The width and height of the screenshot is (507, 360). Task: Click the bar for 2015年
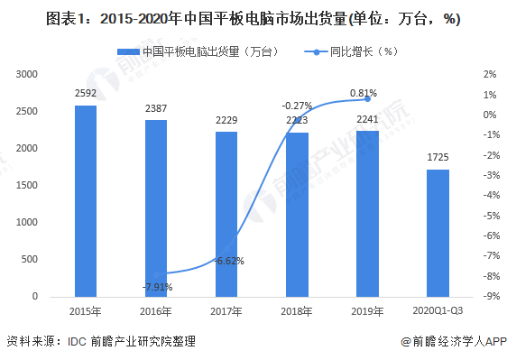(x=86, y=201)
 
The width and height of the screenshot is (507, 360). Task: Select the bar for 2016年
(x=156, y=208)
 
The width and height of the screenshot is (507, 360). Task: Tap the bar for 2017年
(x=226, y=214)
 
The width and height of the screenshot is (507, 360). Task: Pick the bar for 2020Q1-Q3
(x=438, y=233)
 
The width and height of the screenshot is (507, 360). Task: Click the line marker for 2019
(x=367, y=99)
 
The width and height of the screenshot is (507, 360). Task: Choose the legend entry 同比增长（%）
(x=357, y=51)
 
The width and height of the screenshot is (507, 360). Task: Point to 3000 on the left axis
(x=28, y=74)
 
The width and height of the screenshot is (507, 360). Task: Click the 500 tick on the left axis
(x=32, y=260)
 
